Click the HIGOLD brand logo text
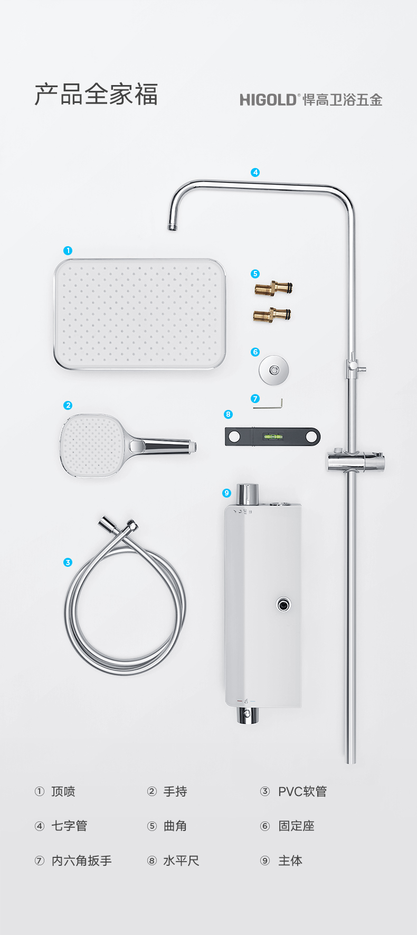coord(268,100)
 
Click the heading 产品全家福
coord(96,95)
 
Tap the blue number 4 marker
coord(255,172)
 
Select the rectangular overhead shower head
coord(140,314)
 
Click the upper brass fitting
coord(273,288)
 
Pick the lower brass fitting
coord(272,315)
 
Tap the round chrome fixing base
coord(274,370)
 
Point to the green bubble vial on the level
coord(273,437)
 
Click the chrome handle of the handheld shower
coord(164,446)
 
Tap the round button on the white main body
coord(283,604)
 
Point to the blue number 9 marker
coord(227,493)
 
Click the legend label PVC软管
coord(302,791)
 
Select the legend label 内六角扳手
coord(82,861)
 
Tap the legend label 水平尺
coord(181,861)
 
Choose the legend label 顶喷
coord(63,791)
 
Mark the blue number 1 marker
coord(68,250)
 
